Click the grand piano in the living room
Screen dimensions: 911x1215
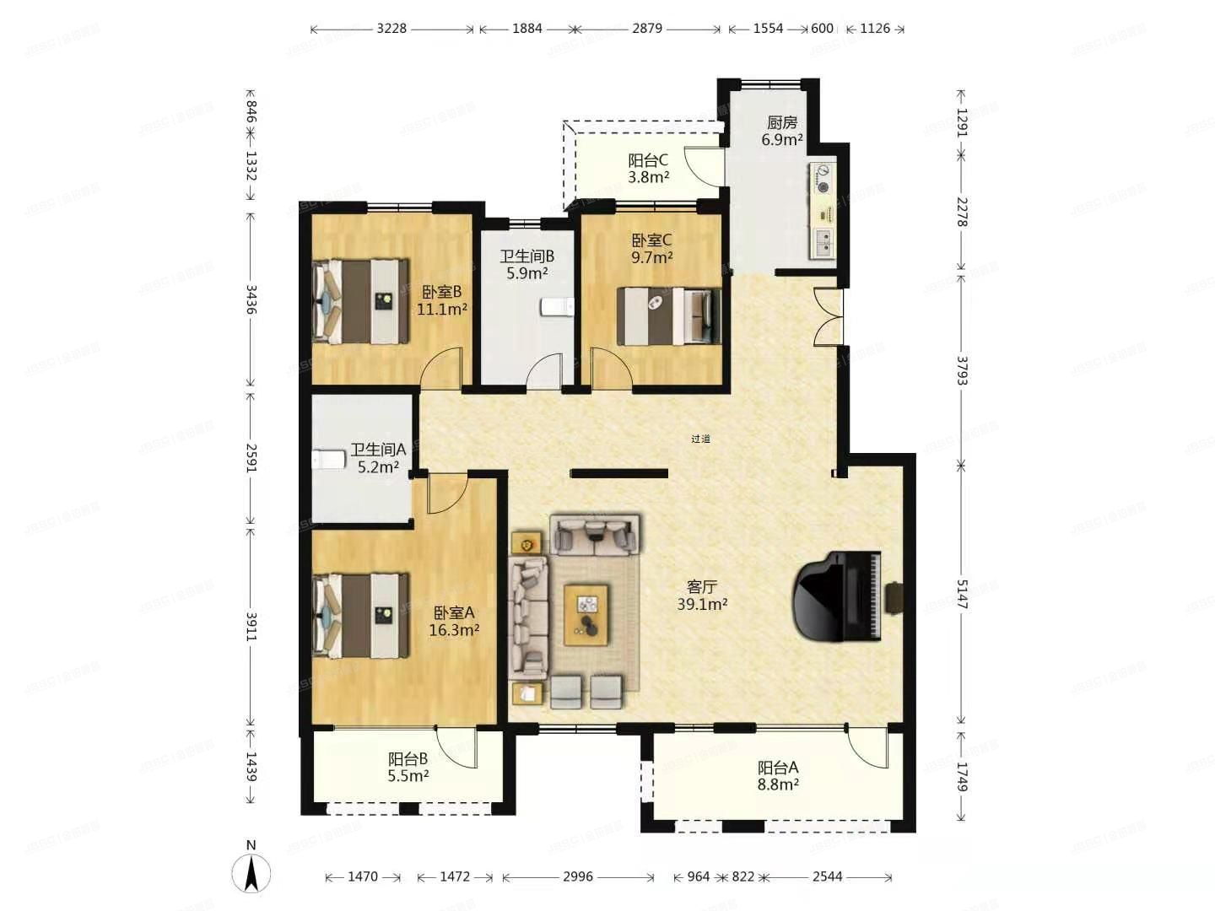click(x=837, y=596)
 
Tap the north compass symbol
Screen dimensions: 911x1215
click(x=251, y=871)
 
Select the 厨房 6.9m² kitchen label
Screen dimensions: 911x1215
click(x=781, y=132)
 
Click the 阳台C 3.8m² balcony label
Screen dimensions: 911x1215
click(x=648, y=169)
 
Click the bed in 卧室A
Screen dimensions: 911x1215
click(x=360, y=616)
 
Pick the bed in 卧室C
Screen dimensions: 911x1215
click(x=668, y=316)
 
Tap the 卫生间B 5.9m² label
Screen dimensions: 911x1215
click(x=526, y=265)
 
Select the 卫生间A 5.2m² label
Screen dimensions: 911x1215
click(x=378, y=458)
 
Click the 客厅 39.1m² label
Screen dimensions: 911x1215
click(x=701, y=596)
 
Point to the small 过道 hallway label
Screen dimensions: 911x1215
click(x=700, y=439)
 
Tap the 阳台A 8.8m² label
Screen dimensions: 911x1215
click(x=777, y=776)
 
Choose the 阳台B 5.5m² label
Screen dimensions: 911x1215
click(x=408, y=768)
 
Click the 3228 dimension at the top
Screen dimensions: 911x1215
click(x=391, y=29)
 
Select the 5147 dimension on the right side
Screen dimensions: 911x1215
click(x=962, y=594)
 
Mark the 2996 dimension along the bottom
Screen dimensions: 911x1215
click(x=578, y=877)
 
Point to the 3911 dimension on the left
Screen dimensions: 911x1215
click(x=251, y=627)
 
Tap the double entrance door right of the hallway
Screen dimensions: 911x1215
click(x=829, y=316)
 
